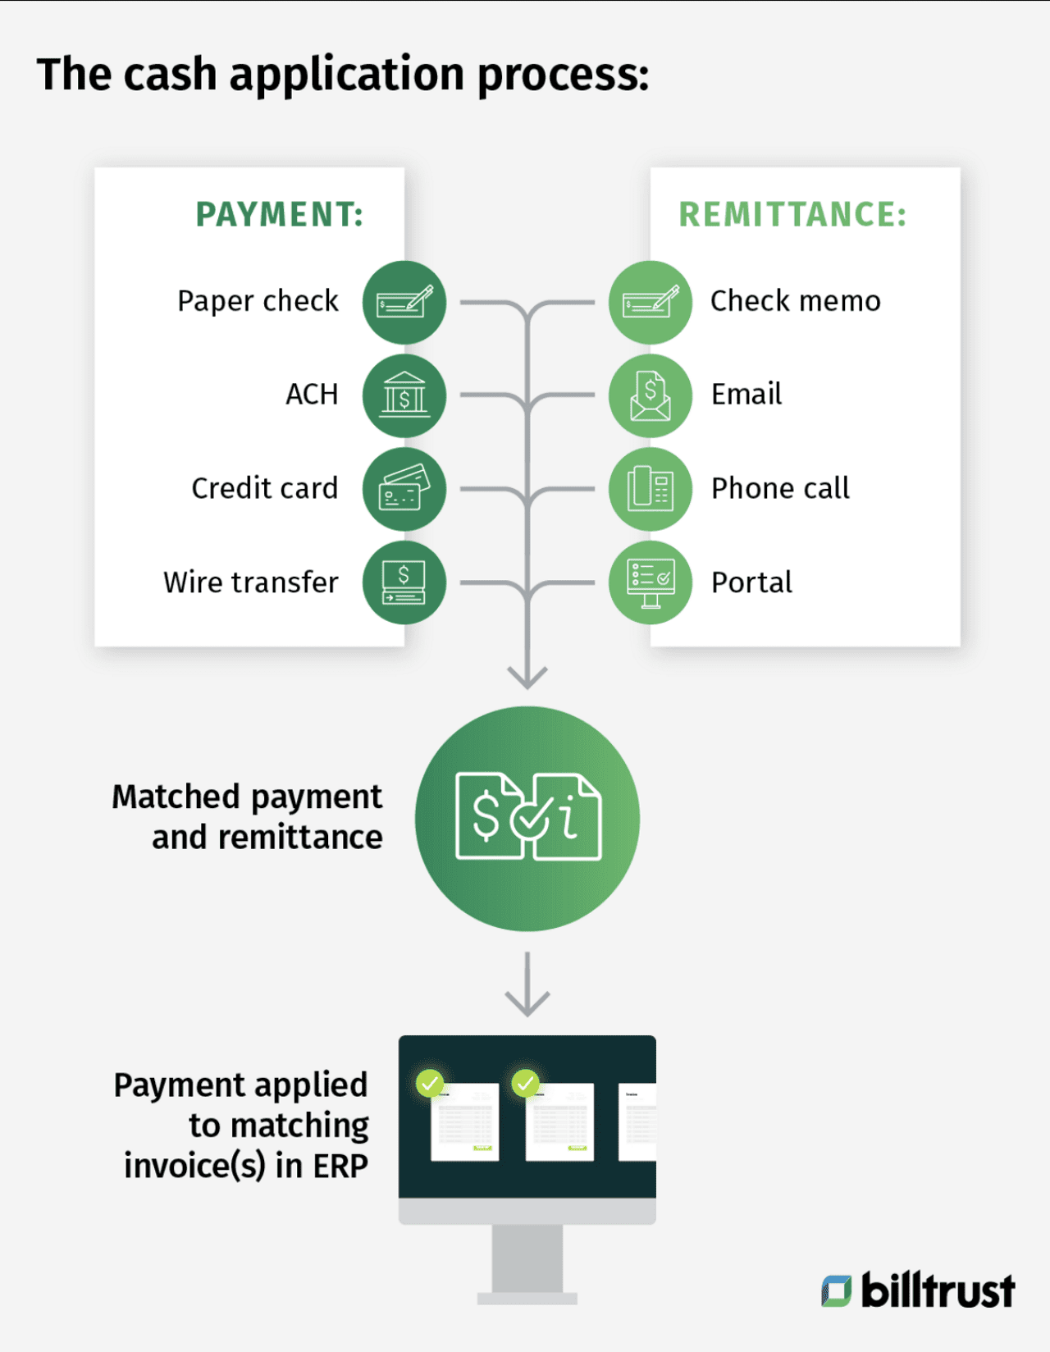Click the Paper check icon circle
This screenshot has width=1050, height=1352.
pyautogui.click(x=404, y=302)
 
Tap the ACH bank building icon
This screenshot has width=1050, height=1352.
pyautogui.click(x=404, y=395)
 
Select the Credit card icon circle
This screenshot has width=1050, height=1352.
pyautogui.click(x=404, y=489)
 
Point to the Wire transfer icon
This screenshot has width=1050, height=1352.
pyautogui.click(x=404, y=582)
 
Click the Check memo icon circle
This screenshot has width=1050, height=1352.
pyautogui.click(x=651, y=302)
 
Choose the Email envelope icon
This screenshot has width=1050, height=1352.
pyautogui.click(x=651, y=395)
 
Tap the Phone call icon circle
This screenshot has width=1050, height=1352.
pyautogui.click(x=651, y=489)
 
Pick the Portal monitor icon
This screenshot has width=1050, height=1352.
pyautogui.click(x=651, y=582)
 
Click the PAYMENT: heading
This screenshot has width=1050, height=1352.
pyautogui.click(x=279, y=215)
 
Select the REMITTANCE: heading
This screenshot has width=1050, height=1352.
pyautogui.click(x=792, y=215)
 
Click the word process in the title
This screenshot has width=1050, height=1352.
pyautogui.click(x=563, y=75)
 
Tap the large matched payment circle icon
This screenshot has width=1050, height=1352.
pyautogui.click(x=527, y=818)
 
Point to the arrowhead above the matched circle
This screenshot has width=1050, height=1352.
pyautogui.click(x=527, y=678)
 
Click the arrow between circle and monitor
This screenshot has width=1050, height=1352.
pyautogui.click(x=527, y=984)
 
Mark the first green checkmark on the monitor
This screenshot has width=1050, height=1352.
pyautogui.click(x=430, y=1083)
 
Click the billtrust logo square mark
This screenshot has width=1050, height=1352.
pyautogui.click(x=837, y=1290)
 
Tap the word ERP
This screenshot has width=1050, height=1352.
pyautogui.click(x=340, y=1166)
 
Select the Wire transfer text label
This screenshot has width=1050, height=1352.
pyautogui.click(x=251, y=582)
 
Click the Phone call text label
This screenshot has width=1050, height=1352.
pyautogui.click(x=780, y=489)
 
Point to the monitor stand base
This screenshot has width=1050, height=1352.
pyautogui.click(x=527, y=1298)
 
